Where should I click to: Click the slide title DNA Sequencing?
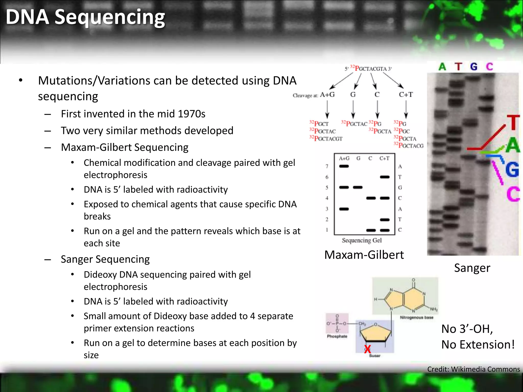click(85, 17)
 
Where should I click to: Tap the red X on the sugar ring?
click(367, 349)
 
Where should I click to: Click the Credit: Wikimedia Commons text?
click(473, 369)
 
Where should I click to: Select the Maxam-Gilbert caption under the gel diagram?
click(364, 255)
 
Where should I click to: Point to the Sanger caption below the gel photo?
click(472, 268)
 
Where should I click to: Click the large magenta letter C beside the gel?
click(513, 194)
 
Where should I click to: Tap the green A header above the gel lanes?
click(442, 67)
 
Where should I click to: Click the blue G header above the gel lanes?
click(474, 67)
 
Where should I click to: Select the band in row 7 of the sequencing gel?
click(344, 166)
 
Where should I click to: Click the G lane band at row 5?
click(358, 188)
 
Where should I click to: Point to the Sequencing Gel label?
click(362, 240)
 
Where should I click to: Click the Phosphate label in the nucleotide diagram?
click(337, 336)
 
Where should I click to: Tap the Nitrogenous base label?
click(417, 317)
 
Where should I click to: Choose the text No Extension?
click(478, 345)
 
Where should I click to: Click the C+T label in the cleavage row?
click(406, 95)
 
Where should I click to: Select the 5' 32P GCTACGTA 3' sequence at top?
click(368, 69)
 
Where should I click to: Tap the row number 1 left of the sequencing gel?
click(327, 230)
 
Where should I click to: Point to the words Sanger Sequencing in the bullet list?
click(105, 259)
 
